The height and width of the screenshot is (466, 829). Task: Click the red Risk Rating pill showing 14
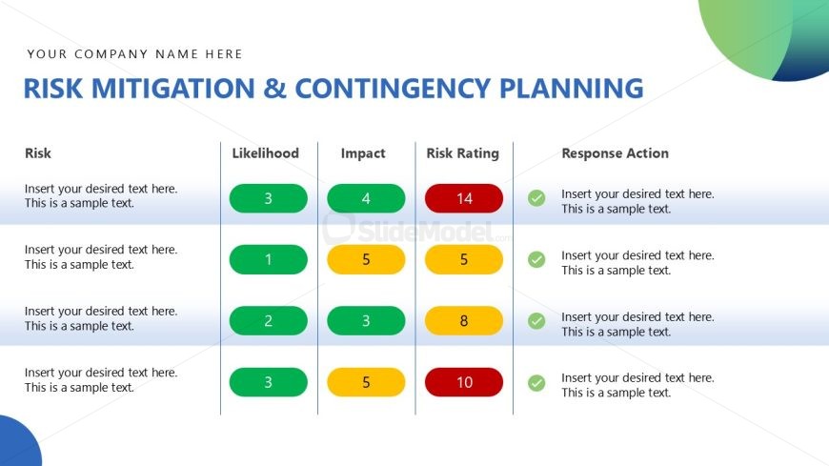point(464,198)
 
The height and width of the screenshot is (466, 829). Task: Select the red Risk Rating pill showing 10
point(464,382)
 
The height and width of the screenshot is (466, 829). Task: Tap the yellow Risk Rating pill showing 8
point(464,321)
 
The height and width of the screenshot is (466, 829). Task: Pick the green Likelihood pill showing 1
point(269,259)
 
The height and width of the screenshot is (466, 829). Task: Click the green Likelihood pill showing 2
point(269,321)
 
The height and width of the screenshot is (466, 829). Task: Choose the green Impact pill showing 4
point(366,198)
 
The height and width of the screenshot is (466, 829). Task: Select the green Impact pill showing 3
point(366,321)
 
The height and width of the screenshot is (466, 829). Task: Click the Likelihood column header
point(266,153)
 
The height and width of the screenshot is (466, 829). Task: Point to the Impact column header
point(363,153)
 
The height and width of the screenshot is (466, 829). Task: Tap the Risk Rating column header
point(462,153)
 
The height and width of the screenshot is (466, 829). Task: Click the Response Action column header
point(615,153)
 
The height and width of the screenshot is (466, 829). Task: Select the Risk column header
point(38,153)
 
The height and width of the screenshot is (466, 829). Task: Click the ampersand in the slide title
point(274,89)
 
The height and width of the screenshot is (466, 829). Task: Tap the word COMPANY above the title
point(111,54)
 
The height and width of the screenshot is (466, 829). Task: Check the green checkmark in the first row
point(536,198)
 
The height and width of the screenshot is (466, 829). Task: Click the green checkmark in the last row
point(536,382)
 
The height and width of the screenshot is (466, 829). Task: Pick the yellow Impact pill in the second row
point(366,259)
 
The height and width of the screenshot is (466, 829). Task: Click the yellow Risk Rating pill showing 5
point(464,259)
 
